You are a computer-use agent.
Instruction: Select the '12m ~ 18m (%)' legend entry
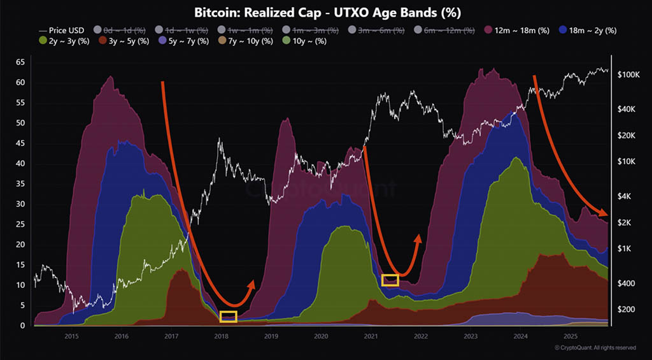pos(516,30)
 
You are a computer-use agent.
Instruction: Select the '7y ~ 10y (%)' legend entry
pos(245,41)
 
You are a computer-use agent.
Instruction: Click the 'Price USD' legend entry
pos(62,30)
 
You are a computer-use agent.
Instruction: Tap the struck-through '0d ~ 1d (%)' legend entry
pos(121,30)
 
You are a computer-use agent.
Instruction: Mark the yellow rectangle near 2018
pos(227,317)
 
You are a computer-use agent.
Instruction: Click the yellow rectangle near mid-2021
pos(390,280)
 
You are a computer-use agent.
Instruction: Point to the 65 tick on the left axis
pos(20,62)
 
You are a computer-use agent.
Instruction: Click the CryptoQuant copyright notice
pos(595,348)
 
